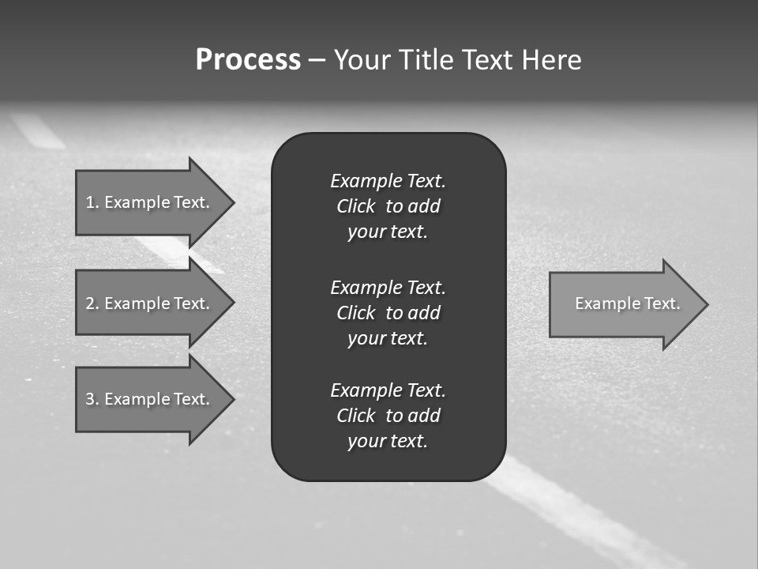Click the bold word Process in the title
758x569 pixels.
pos(248,60)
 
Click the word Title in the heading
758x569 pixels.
pos(426,60)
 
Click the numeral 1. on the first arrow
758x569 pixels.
pos(92,202)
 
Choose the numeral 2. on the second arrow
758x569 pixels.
pos(92,303)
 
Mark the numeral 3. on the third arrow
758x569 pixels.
pos(92,399)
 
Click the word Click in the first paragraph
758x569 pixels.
pos(356,206)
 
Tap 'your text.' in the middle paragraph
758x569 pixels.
pos(388,338)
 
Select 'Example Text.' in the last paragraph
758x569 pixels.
pos(388,390)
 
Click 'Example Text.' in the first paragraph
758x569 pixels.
pos(388,181)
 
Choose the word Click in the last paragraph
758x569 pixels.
pos(356,416)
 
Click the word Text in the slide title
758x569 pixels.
pos(486,60)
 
